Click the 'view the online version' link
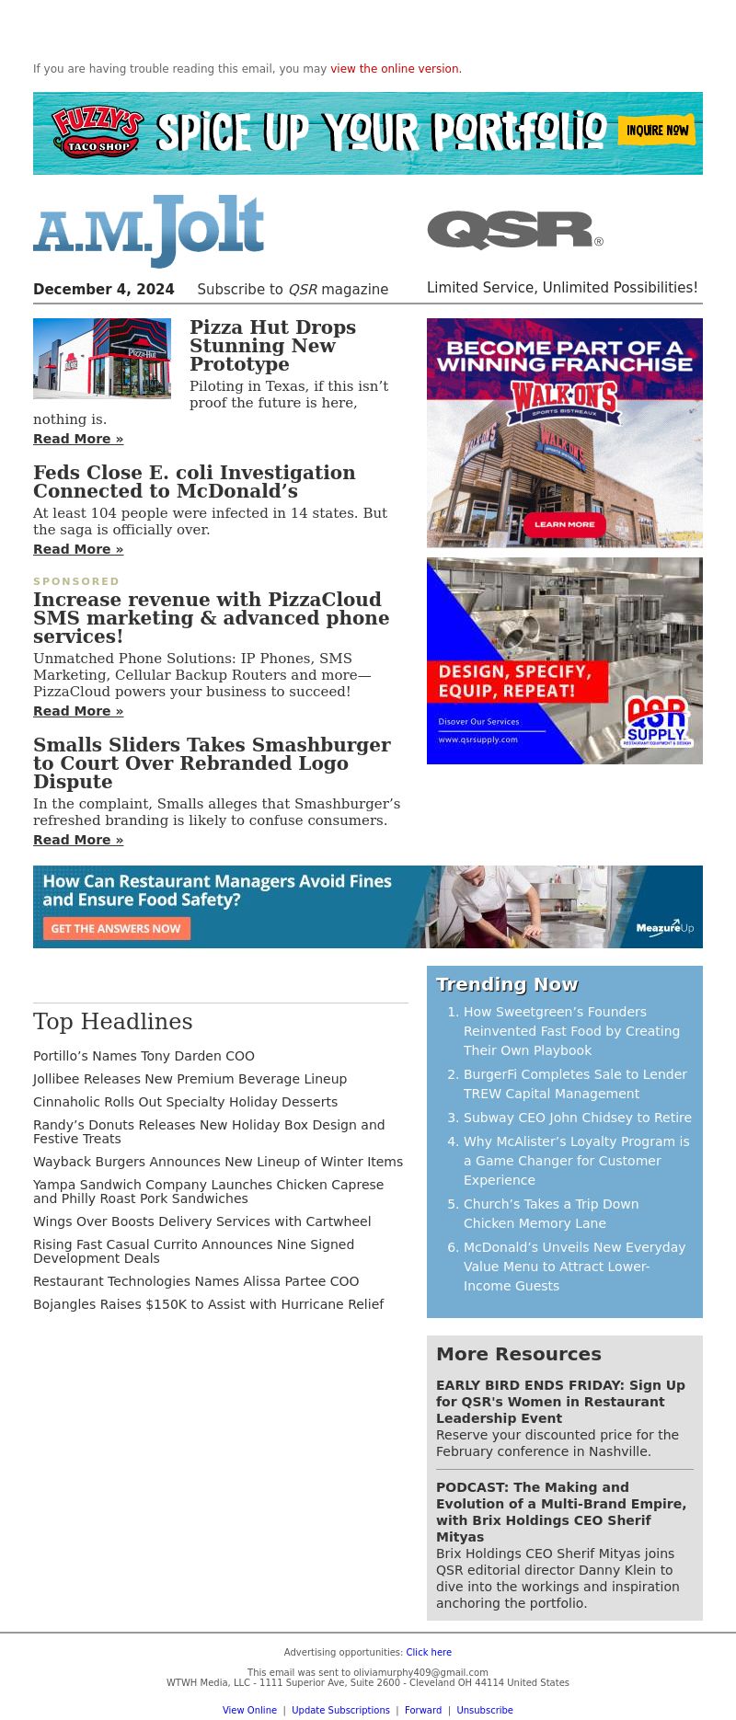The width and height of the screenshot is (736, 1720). click(x=395, y=69)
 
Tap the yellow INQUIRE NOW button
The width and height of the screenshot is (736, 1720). click(x=657, y=131)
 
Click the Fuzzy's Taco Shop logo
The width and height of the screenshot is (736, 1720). click(x=98, y=132)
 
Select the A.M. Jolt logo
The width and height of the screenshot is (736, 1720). click(x=149, y=231)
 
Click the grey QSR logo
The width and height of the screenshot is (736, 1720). click(x=514, y=230)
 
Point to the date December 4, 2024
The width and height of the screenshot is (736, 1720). click(x=103, y=290)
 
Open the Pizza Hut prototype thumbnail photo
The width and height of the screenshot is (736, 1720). click(x=102, y=359)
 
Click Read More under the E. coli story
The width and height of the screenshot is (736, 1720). click(x=78, y=549)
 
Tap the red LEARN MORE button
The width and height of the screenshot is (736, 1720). click(x=564, y=524)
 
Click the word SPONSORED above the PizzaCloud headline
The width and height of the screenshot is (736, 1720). click(x=76, y=581)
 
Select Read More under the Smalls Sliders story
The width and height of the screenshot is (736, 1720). click(x=78, y=840)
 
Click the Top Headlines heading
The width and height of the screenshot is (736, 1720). click(x=113, y=1022)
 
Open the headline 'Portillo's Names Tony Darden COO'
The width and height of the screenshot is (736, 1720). click(x=144, y=1056)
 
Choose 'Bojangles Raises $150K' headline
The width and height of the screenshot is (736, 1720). click(x=208, y=1304)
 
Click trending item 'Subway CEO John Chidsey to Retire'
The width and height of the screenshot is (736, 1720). click(x=577, y=1118)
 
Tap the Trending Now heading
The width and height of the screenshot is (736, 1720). click(x=507, y=984)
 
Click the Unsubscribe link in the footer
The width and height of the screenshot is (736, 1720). click(x=485, y=1711)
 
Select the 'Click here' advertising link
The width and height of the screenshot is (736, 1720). click(x=429, y=1653)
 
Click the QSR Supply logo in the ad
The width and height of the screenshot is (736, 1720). click(x=657, y=720)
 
